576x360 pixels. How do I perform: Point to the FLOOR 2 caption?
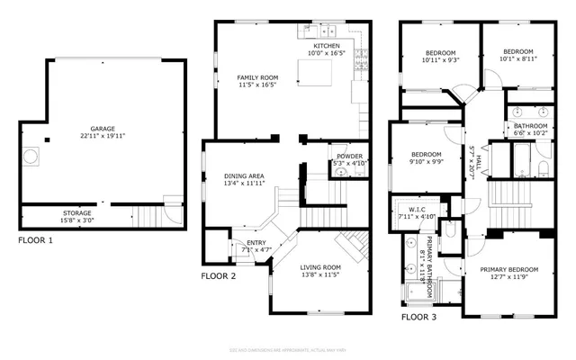[x=218, y=276]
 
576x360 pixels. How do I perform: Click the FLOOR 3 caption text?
[x=419, y=317]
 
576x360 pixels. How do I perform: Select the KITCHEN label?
[x=327, y=46]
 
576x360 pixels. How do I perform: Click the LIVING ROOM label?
[x=319, y=267]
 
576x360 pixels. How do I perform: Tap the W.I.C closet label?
[x=416, y=208]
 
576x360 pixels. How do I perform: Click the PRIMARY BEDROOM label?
[x=508, y=270]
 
